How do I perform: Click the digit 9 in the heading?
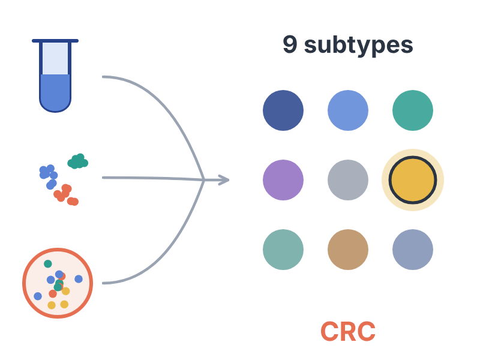290,44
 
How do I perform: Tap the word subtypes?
358,46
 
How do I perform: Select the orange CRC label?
348,331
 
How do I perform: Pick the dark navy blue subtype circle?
283,110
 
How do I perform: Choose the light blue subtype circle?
348,110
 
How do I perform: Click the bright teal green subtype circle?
413,110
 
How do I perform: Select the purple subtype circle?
283,180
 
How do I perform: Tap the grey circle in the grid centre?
348,180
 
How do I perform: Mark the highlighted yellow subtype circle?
413,180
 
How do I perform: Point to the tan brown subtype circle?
348,250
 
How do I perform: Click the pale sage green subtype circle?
283,250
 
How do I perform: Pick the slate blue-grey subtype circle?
413,250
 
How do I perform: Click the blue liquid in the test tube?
55,92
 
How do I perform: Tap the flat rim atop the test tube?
55,41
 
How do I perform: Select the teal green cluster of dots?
78,161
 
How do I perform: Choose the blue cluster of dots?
49,176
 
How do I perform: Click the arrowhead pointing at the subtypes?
224,180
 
